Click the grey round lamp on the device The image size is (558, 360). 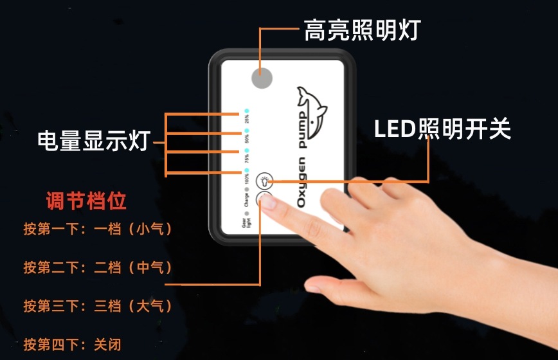[261, 78]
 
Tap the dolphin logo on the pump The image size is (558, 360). [311, 109]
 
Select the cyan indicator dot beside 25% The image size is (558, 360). [246, 111]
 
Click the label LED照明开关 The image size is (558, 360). [442, 130]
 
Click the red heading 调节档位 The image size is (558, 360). [86, 201]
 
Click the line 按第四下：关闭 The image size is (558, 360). [72, 343]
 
